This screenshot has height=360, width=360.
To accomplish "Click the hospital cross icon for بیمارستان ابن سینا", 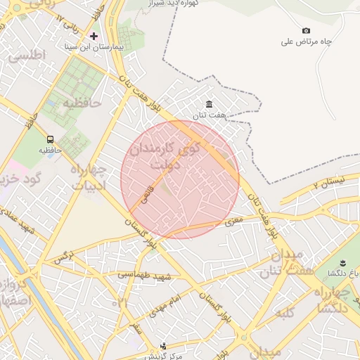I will [x=94, y=35].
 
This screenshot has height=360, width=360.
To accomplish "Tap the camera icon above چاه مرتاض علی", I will [x=306, y=30].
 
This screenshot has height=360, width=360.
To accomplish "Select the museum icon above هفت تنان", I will [x=209, y=104].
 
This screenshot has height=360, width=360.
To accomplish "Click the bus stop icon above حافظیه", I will [x=50, y=139].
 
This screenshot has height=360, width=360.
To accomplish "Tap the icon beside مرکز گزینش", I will [x=164, y=345].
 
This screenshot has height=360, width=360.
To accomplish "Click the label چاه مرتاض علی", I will [x=306, y=41].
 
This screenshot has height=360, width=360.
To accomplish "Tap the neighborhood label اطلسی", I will [x=28, y=54].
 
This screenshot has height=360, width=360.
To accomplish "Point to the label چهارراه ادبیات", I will [x=88, y=178].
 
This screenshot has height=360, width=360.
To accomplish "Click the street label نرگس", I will [x=64, y=258].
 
